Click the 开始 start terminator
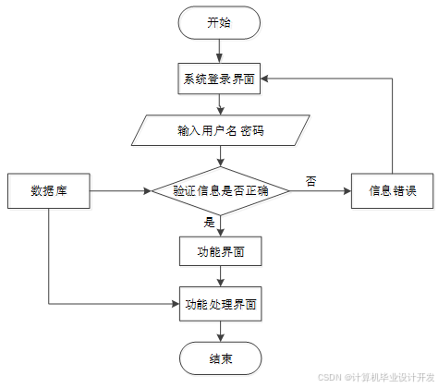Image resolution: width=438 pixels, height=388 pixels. [x=219, y=23]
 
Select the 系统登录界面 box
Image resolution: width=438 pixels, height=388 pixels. [x=219, y=79]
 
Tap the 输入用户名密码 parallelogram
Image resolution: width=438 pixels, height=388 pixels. [x=221, y=130]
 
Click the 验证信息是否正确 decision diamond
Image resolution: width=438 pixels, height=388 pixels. [x=221, y=191]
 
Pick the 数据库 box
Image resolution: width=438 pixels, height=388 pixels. [x=49, y=191]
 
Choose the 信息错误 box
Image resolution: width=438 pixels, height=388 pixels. [x=393, y=191]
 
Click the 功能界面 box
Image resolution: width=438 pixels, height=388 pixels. [x=221, y=251]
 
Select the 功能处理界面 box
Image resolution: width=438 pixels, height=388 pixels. [x=221, y=304]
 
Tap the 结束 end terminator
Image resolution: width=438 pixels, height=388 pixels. [x=221, y=358]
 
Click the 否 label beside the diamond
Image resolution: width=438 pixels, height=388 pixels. [x=310, y=181]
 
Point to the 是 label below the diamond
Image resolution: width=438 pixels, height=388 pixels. [x=209, y=222]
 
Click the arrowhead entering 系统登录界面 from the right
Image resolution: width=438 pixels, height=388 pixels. [x=264, y=79]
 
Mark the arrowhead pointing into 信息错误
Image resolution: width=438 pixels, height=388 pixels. [x=347, y=191]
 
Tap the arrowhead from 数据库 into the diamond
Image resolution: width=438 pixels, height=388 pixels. [x=148, y=191]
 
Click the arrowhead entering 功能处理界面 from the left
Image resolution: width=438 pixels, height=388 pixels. [x=176, y=304]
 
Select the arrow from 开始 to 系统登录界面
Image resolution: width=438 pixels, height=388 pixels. [x=219, y=51]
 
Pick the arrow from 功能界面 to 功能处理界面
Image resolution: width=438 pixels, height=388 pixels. [x=221, y=276]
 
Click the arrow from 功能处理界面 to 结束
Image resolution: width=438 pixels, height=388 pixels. [x=221, y=332]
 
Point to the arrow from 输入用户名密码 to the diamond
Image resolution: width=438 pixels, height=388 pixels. [x=221, y=156]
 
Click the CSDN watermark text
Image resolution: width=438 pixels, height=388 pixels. [x=376, y=378]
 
